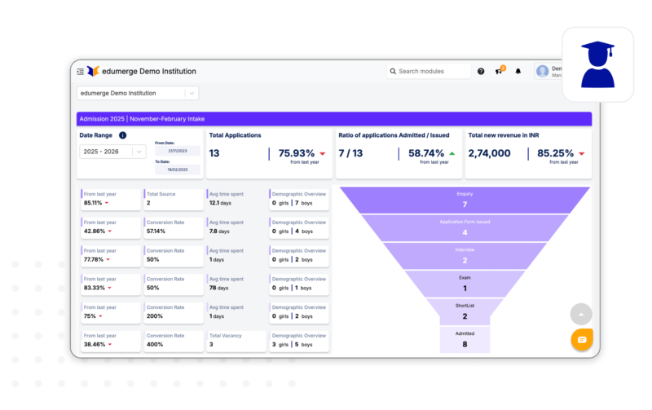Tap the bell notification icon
[x=518, y=72]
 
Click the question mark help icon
[x=481, y=72]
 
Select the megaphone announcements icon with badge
[x=499, y=72]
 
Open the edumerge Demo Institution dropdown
[x=137, y=93]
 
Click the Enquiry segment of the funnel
[x=465, y=200]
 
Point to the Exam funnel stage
[x=465, y=284]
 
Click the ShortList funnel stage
[x=465, y=311]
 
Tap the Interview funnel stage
[x=465, y=256]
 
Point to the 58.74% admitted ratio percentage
[x=426, y=153]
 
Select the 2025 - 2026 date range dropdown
[x=112, y=151]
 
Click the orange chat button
[x=582, y=339]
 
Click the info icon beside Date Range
[x=122, y=135]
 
